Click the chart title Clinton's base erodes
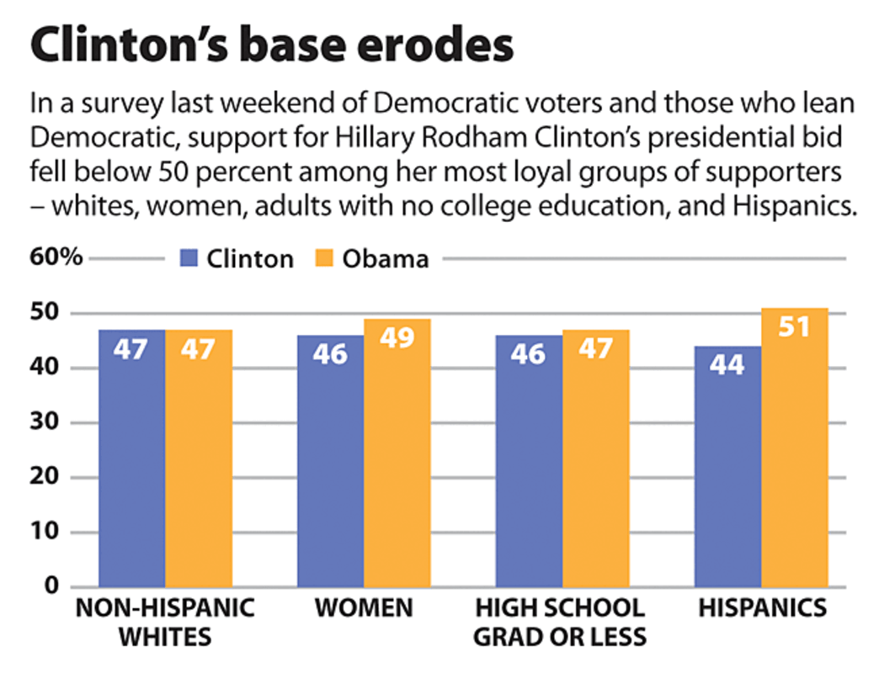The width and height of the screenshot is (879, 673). [x=271, y=46]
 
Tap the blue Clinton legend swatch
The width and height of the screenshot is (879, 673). [x=189, y=257]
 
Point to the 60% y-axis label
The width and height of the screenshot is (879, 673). [x=56, y=257]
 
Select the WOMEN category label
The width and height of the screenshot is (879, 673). [x=364, y=608]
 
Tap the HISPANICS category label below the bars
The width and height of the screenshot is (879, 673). [x=762, y=608]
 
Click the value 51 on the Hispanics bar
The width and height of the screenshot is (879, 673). [x=794, y=326]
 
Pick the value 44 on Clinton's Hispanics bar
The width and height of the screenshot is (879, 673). [x=727, y=364]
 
